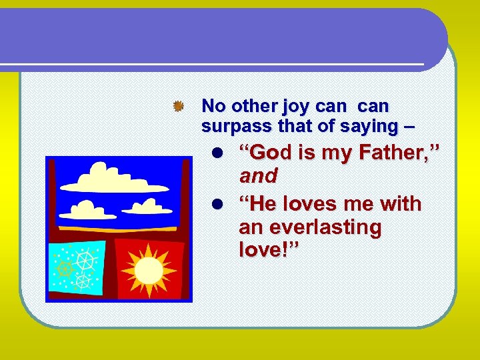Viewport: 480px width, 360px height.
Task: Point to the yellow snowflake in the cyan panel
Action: (65, 268)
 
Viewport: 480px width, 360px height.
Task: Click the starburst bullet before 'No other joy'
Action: (177, 106)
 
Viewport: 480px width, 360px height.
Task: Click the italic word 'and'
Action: (258, 176)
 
